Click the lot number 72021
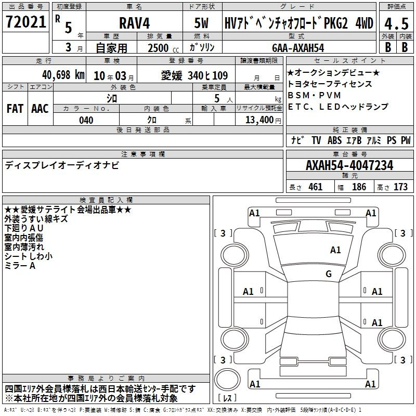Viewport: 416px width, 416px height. tap(25, 22)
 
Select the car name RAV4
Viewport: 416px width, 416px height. tap(135, 23)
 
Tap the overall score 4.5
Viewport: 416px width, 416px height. tap(396, 24)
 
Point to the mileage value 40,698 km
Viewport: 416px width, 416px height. tap(63, 75)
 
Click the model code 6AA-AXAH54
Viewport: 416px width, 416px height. tap(298, 48)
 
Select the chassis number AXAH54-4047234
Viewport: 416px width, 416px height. tap(349, 165)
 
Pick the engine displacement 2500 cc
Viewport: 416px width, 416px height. tap(163, 48)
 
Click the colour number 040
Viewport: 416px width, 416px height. tap(86, 120)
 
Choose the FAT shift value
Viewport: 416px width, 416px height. tap(15, 109)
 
